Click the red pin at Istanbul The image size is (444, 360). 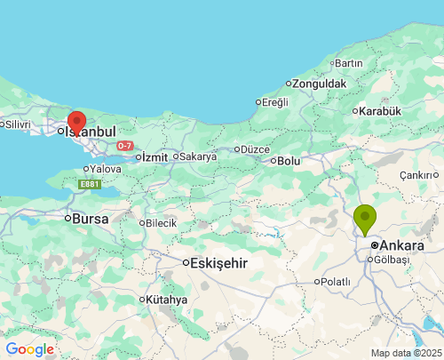tap(77, 123)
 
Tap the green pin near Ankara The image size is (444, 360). tap(364, 218)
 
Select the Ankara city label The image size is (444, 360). tap(401, 244)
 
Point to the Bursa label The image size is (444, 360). tap(90, 218)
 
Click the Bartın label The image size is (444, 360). tap(349, 63)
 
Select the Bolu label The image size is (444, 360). tap(289, 161)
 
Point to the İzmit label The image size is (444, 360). tap(155, 157)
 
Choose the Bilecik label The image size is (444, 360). tap(161, 222)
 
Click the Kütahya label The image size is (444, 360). tap(167, 300)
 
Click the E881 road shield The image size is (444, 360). tap(89, 184)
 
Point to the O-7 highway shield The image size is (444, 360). tap(125, 145)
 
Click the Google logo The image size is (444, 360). tap(29, 349)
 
